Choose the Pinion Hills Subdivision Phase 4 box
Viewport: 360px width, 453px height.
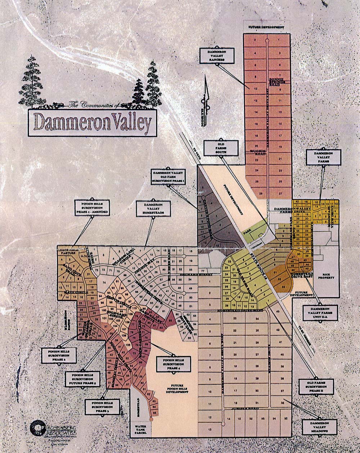click(174, 364)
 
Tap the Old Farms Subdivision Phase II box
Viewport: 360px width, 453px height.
click(316, 386)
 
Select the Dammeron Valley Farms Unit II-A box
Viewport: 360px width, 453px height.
click(320, 313)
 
